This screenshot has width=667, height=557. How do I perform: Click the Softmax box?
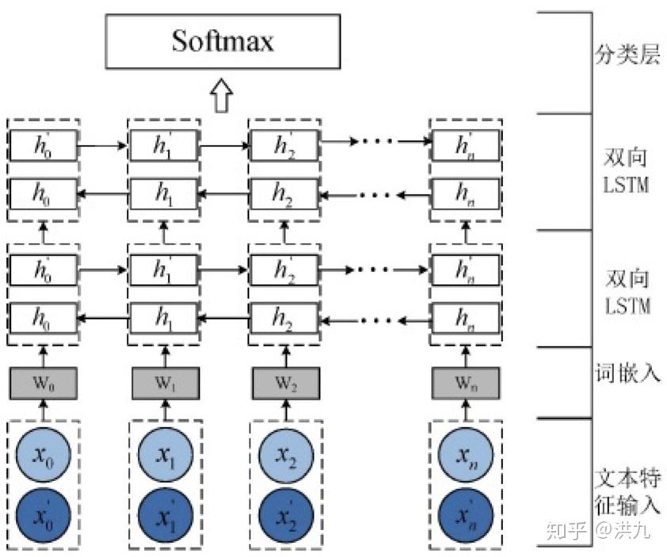223,41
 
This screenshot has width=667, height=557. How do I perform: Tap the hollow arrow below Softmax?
222,95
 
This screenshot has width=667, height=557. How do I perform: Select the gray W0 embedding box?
44,383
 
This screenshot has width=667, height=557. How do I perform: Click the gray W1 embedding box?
165,383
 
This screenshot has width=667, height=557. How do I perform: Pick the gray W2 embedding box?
286,383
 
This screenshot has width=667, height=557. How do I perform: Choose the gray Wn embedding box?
466,383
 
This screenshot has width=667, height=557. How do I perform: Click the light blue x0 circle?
44,455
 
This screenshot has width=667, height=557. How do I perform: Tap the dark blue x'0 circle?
44,516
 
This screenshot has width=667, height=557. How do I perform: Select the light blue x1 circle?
165,455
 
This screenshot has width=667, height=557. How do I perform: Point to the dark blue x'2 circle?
286,516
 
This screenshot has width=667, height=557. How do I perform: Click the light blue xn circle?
466,455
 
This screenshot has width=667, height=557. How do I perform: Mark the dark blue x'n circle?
466,516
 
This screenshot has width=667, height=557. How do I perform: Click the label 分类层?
627,55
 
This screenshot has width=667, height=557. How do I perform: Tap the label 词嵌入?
627,373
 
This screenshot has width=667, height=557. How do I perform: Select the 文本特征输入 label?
627,492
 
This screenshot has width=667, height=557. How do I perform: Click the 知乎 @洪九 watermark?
597,531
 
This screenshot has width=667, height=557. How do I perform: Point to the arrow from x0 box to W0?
44,410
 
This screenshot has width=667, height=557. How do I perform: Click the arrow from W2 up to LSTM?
286,357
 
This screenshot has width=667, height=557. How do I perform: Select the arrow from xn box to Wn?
466,410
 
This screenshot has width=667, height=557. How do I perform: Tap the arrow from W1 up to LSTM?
166,357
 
